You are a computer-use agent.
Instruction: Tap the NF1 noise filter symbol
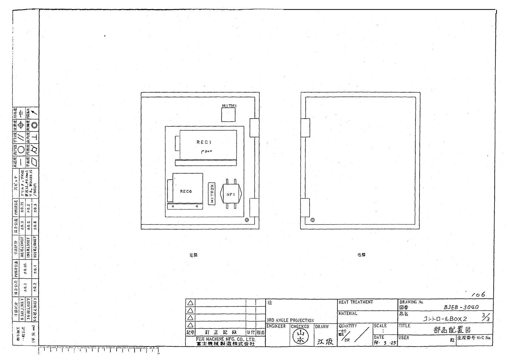click(231, 195)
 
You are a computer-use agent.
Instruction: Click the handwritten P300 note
click(206, 152)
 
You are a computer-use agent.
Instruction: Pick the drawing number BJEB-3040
click(461, 307)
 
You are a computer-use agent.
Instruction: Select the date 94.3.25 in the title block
click(385, 343)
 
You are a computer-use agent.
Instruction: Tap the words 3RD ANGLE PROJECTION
click(290, 320)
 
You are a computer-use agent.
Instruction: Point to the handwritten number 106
click(478, 294)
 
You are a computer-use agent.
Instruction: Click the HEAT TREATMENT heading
click(356, 302)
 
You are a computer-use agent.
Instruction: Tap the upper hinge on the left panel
click(254, 128)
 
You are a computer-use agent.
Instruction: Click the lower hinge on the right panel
click(305, 208)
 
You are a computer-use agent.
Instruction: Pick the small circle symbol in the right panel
click(313, 220)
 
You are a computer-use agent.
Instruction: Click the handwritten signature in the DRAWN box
click(325, 342)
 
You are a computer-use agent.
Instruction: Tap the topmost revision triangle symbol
click(190, 303)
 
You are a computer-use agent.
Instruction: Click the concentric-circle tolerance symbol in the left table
click(34, 125)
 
